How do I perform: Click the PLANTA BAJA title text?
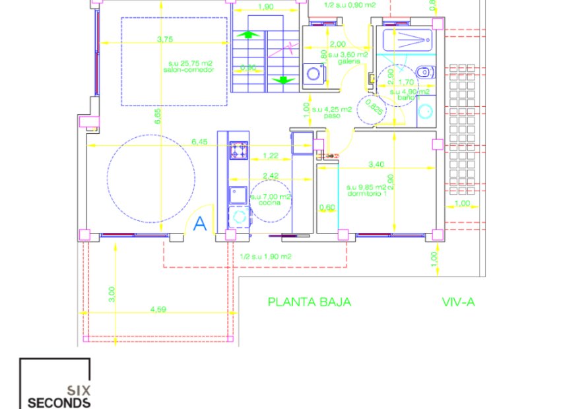[309, 302]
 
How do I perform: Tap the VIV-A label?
[459, 302]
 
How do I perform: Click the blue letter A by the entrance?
[201, 224]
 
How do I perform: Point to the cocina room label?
[270, 203]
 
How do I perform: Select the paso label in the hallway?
[321, 115]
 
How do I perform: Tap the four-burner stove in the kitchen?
[238, 151]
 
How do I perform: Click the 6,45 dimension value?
[199, 141]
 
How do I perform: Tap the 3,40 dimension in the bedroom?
[376, 164]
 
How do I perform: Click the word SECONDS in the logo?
[58, 402]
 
